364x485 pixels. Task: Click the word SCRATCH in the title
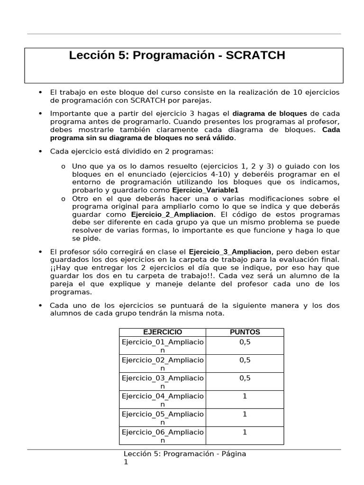[x=255, y=55]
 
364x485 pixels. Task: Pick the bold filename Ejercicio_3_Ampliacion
[x=230, y=251]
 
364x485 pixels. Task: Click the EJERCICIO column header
[x=162, y=332]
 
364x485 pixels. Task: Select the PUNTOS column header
[x=245, y=332]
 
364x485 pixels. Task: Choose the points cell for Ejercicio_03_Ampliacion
[x=245, y=378]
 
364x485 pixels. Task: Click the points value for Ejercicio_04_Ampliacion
[x=245, y=396]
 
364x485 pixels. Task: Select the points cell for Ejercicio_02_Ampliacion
[x=245, y=360]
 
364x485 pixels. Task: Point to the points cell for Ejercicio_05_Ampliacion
[x=245, y=414]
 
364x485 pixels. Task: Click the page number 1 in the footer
[x=126, y=462]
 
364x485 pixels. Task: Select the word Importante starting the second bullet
[x=68, y=114]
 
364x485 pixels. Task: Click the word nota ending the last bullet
[x=215, y=314]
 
